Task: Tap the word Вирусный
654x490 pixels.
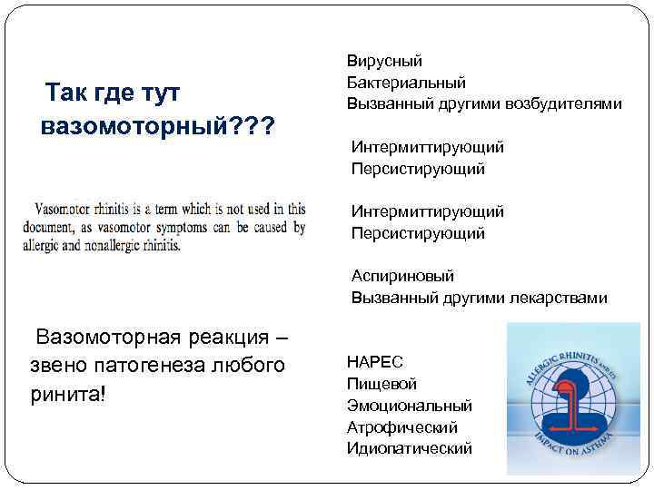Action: point(384,62)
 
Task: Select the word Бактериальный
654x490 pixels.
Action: point(406,83)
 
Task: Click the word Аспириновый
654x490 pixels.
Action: point(403,276)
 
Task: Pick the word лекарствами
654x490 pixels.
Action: point(556,298)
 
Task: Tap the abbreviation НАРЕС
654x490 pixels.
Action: point(375,362)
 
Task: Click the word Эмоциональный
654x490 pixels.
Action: point(410,406)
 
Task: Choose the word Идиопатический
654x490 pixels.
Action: point(410,448)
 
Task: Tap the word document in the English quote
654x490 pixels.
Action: point(51,228)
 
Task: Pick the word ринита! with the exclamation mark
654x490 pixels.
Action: point(68,396)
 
